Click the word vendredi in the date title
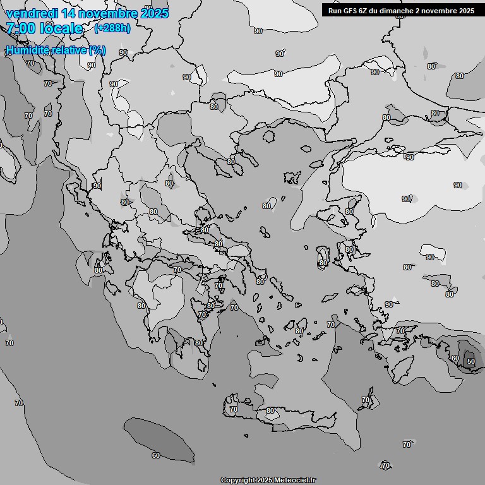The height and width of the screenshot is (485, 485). point(32,13)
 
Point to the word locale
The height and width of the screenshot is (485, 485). point(61,28)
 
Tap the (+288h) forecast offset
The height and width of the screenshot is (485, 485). point(112,28)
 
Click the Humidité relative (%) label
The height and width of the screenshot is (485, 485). point(56,50)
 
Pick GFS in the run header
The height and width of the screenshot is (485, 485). point(350,10)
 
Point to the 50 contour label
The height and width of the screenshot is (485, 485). point(470,361)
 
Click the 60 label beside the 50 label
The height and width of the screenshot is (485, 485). point(455,358)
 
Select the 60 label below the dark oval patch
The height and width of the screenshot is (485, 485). point(156,455)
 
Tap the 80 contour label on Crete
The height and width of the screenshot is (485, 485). point(270,410)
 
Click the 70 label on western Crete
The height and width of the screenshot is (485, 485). point(234,409)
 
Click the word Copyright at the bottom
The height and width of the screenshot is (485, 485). point(237,480)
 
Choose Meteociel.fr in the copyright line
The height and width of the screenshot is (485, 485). point(295,480)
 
